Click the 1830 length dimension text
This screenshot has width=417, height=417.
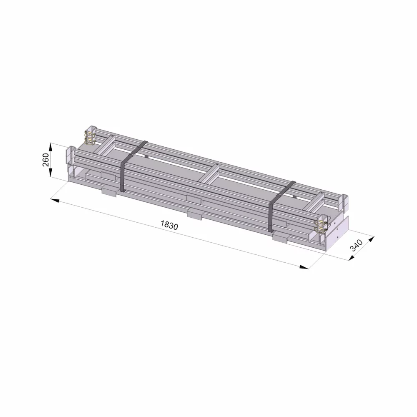169,225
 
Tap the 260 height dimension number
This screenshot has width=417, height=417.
46,160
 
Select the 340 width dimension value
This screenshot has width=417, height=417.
356,245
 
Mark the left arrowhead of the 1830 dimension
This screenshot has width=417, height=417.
55,200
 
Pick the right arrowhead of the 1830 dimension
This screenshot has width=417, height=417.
304,267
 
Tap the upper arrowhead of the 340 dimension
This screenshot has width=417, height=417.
371,239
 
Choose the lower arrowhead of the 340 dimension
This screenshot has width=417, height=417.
352,257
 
